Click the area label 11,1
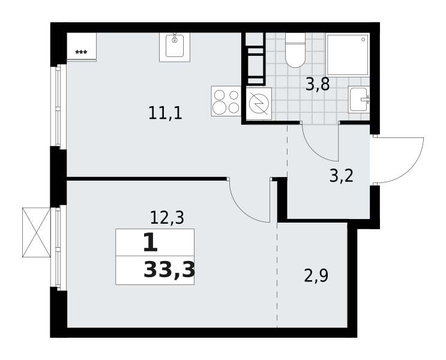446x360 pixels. coord(165,113)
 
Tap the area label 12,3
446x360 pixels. coord(167,218)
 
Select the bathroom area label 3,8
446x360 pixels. coord(318,84)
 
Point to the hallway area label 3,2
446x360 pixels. coord(342,176)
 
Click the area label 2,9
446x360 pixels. coord(316,276)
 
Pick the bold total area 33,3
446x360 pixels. coord(169,270)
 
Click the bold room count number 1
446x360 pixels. coord(150,242)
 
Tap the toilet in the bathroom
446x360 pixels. coord(295,50)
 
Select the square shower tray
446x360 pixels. coord(348,55)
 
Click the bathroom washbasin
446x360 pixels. coord(359,99)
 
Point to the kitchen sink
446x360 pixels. coord(174,47)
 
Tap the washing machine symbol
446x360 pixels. coord(259,104)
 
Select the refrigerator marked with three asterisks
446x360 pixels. coord(82,47)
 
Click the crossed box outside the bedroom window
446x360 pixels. coord(37,232)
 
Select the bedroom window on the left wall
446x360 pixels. coord(59,248)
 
